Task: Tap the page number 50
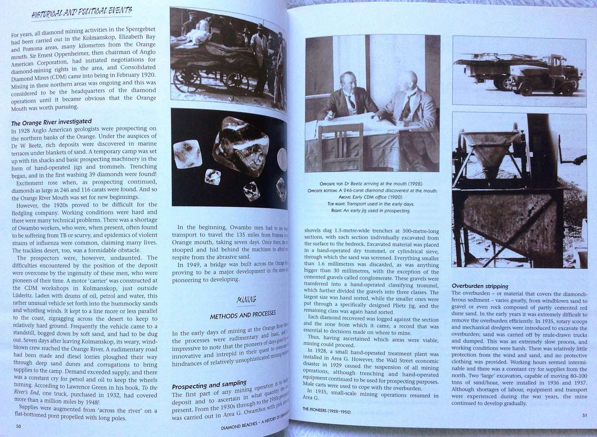(18, 426)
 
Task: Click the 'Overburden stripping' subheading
(480, 286)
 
